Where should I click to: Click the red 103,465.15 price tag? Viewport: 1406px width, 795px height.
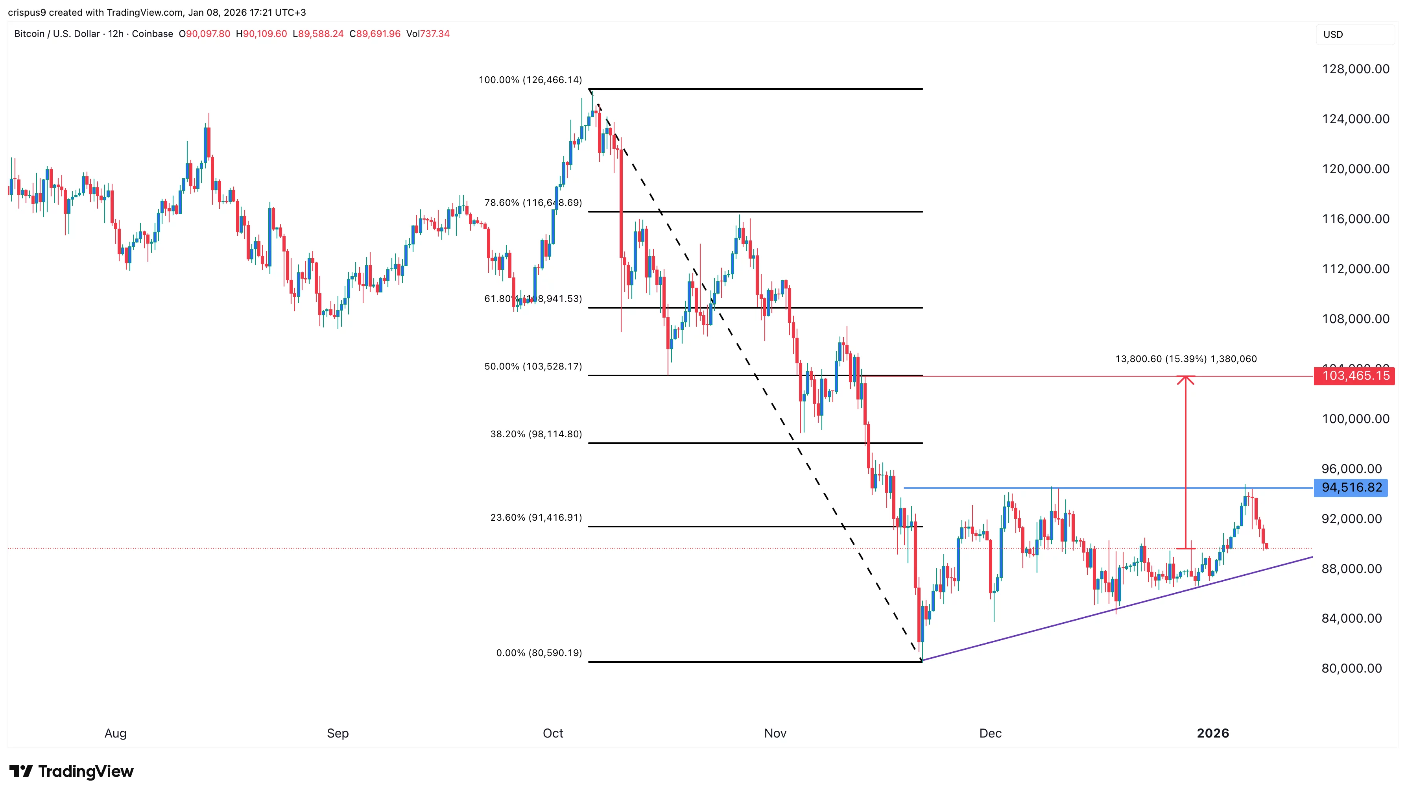(1354, 376)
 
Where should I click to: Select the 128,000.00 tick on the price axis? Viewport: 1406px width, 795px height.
(1355, 69)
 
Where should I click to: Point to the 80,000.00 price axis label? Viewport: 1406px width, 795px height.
(1351, 668)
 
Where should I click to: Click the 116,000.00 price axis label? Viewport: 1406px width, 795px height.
(1355, 219)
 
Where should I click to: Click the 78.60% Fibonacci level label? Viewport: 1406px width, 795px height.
(533, 203)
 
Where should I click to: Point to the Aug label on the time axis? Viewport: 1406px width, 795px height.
(115, 733)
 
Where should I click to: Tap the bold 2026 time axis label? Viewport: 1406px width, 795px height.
(1212, 733)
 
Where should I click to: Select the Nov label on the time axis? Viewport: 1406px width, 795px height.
(775, 733)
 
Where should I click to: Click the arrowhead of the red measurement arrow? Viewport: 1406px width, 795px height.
(1185, 379)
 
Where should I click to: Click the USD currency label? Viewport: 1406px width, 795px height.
(1333, 34)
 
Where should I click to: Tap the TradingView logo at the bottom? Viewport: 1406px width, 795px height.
(72, 771)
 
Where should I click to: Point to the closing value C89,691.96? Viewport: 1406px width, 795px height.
(375, 34)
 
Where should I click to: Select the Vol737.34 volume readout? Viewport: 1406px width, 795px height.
(428, 34)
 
